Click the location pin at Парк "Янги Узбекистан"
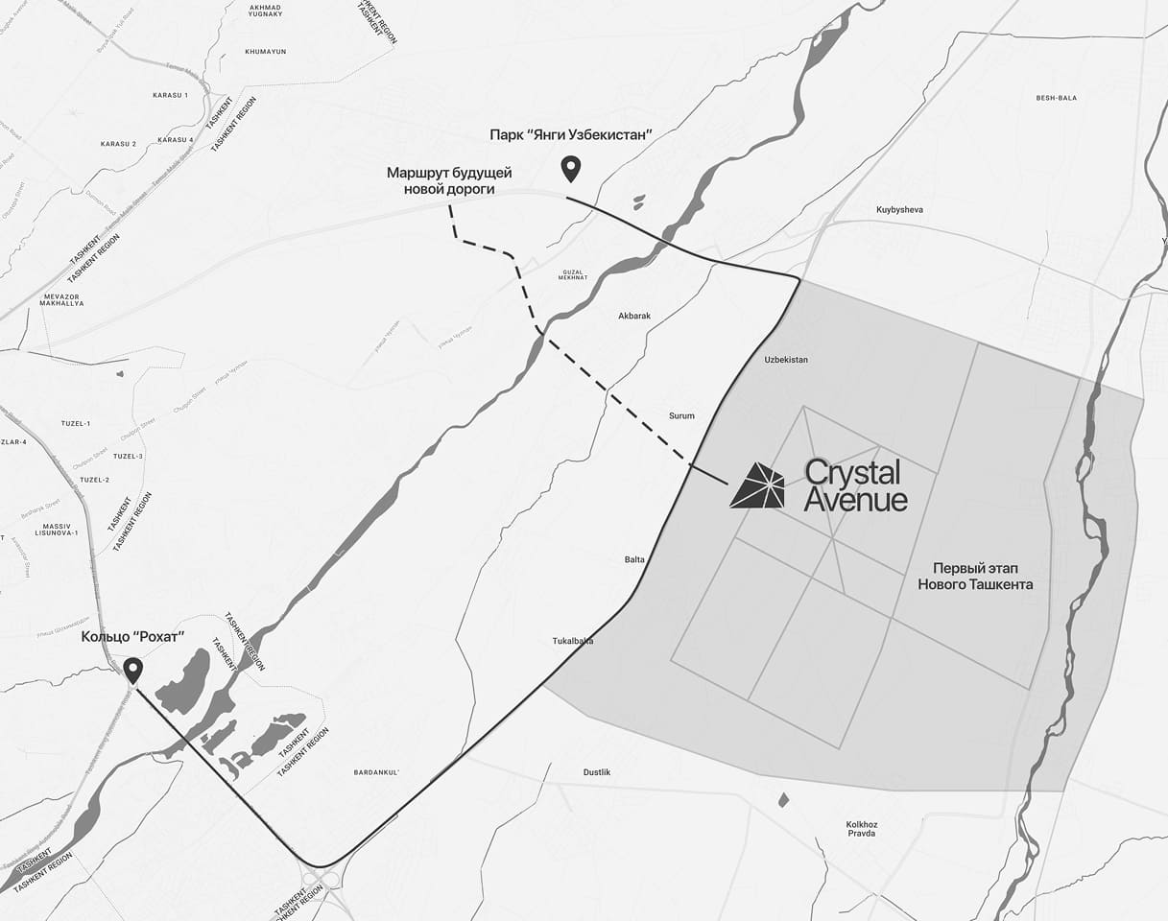click(x=571, y=169)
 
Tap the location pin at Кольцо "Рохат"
click(x=133, y=670)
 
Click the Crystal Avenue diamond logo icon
click(x=757, y=485)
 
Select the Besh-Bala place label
click(x=1057, y=98)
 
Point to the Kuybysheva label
click(x=899, y=209)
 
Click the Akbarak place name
click(x=634, y=315)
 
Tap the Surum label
click(x=681, y=416)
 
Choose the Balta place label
click(x=634, y=559)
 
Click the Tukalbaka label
click(x=573, y=641)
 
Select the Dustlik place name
click(x=597, y=772)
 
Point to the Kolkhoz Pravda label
click(x=862, y=829)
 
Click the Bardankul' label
click(x=376, y=772)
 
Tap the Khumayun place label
click(x=266, y=51)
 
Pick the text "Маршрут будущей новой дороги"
click(x=449, y=180)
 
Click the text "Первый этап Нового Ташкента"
click(x=975, y=575)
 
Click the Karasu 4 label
click(x=176, y=140)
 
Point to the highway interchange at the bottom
click(x=324, y=881)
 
